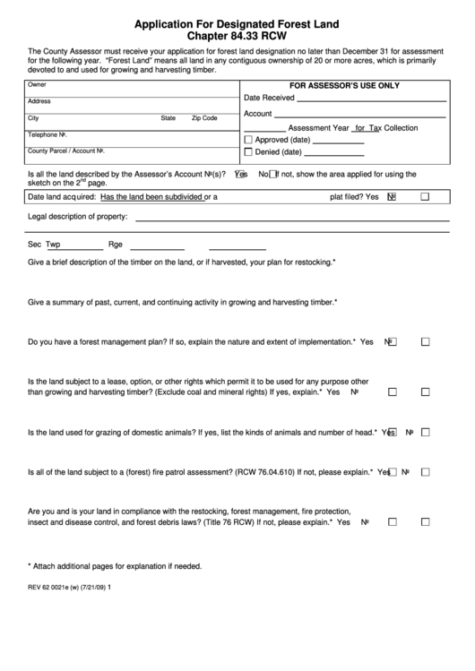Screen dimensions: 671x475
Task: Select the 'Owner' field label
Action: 37,84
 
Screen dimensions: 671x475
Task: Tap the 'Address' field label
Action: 39,101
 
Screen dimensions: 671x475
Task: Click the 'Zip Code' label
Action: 204,118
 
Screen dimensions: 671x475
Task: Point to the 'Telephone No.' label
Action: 48,134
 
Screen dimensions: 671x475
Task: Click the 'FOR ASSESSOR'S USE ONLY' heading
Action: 344,85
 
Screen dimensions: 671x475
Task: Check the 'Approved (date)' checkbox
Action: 248,141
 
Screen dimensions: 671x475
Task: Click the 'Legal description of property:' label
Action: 78,217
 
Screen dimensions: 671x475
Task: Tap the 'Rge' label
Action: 115,244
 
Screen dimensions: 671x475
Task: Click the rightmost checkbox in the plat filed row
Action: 426,196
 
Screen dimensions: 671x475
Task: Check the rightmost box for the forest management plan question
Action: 426,342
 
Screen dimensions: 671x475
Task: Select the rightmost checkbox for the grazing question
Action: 426,432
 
